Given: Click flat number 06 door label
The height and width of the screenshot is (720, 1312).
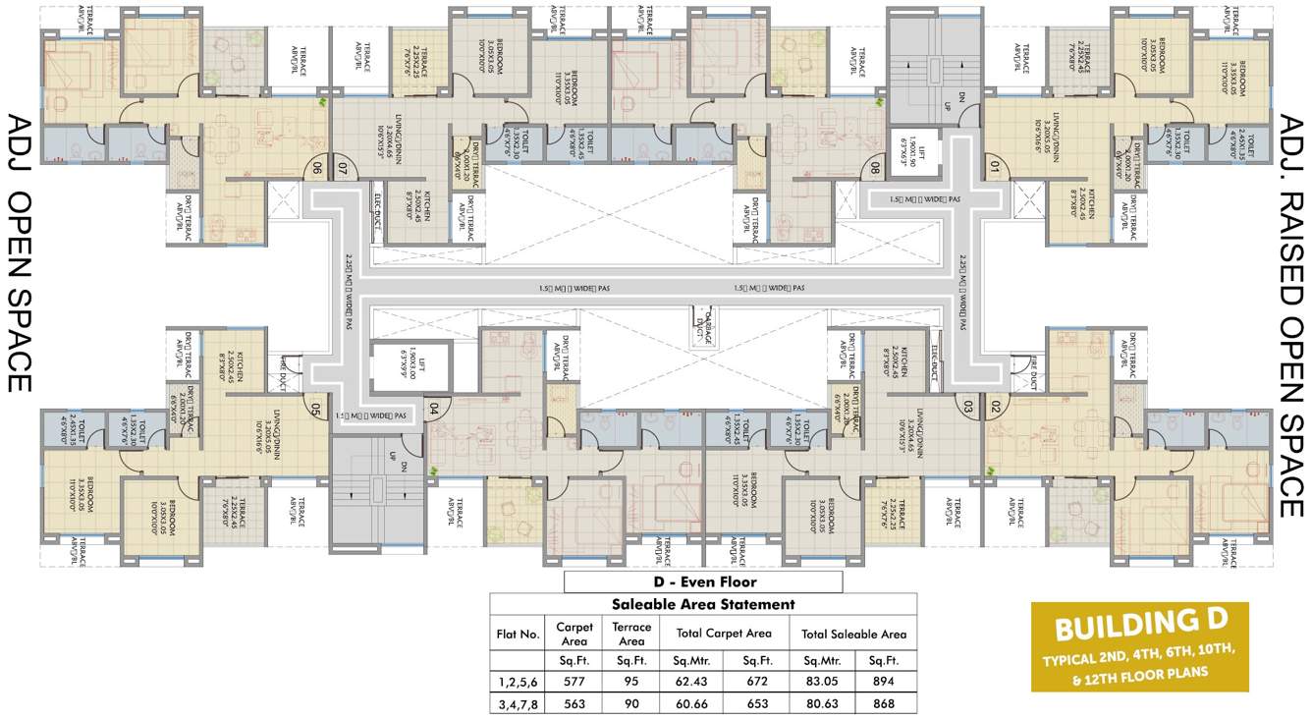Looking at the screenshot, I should click(317, 168).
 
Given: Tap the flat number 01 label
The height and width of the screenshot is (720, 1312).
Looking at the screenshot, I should click(993, 168).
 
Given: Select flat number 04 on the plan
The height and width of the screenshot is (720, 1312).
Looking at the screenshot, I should click(433, 406).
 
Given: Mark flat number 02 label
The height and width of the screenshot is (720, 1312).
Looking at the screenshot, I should click(994, 406).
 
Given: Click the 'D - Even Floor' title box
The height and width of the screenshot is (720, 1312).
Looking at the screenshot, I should click(702, 582).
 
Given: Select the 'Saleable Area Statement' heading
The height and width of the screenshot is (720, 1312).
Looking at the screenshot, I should click(702, 604).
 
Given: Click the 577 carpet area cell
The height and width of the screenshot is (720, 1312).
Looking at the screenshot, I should click(574, 682).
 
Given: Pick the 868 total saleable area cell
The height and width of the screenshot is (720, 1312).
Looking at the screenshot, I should click(884, 703).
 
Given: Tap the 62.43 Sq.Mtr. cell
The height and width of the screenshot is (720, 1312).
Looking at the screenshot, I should click(689, 682).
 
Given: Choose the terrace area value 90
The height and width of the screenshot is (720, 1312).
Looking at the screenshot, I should click(631, 703).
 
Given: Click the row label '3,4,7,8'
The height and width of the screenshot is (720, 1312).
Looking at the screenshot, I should click(518, 703).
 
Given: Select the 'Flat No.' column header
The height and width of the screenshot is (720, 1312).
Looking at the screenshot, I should click(518, 634).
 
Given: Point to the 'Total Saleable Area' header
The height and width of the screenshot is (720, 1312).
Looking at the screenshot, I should click(853, 634).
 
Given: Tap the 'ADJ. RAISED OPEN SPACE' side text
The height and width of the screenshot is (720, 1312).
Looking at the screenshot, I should click(1288, 314).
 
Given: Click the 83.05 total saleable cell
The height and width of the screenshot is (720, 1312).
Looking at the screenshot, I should click(823, 682).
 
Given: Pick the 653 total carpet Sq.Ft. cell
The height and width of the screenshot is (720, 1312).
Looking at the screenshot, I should click(755, 703).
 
